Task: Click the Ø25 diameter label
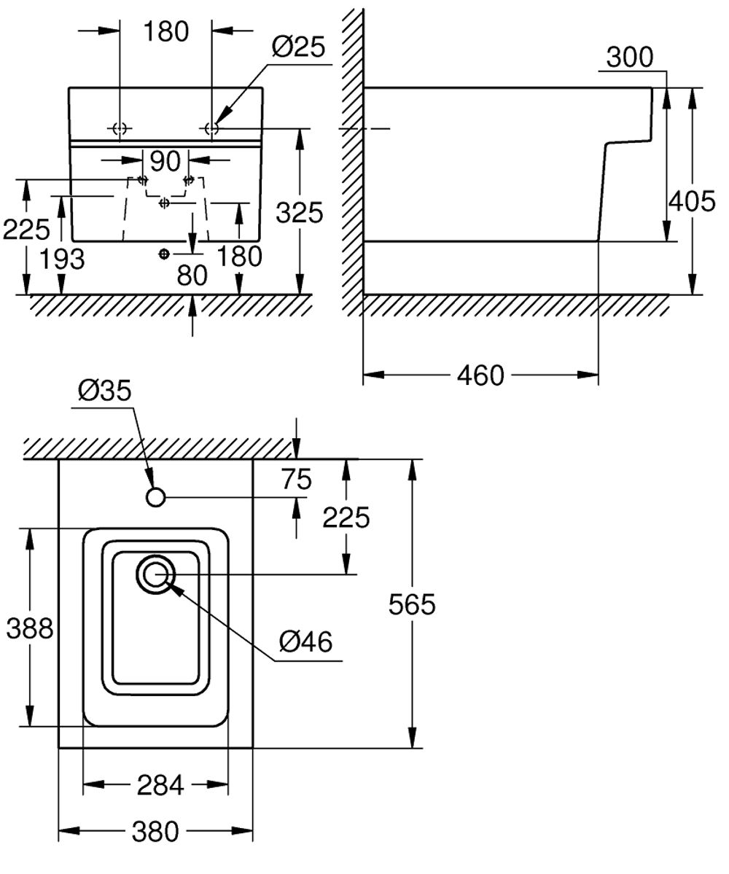tap(298, 47)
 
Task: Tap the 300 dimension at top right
tap(630, 57)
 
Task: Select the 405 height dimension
tap(692, 200)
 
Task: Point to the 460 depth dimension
tap(480, 375)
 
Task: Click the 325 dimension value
tap(300, 212)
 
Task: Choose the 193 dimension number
tap(63, 259)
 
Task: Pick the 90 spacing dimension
tap(165, 161)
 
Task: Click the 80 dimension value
tap(192, 275)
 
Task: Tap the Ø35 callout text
tap(105, 390)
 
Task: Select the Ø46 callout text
tap(305, 641)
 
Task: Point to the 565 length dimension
tap(412, 604)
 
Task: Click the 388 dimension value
tap(30, 628)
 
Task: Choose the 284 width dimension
tap(160, 785)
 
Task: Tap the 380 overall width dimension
tap(155, 832)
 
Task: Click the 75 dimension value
tap(297, 479)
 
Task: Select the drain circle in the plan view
tap(155, 574)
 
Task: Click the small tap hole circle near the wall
tap(155, 496)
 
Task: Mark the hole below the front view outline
tap(164, 254)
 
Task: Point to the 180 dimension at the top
tap(166, 32)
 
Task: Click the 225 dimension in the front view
tap(26, 229)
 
